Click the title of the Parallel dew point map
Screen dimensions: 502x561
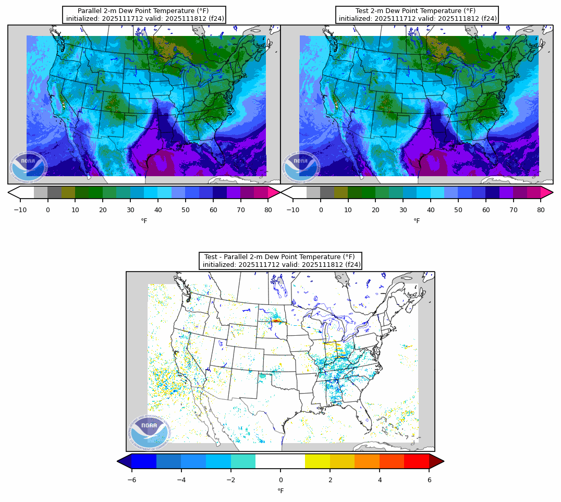144,15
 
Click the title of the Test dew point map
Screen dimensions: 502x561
417,15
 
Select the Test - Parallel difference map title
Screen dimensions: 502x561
280,261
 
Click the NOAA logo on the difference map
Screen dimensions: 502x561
149,433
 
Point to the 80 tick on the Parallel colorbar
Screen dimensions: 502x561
268,210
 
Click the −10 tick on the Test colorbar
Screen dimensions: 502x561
293,210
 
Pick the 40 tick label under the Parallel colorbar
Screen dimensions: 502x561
158,210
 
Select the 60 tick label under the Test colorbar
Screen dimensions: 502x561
486,210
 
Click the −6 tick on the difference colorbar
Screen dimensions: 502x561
132,480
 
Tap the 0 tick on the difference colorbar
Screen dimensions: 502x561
280,480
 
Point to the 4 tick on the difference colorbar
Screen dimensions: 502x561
380,480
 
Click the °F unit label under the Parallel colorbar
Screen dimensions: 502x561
144,221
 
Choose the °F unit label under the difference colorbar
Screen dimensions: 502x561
280,491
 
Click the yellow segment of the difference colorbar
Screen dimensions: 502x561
318,461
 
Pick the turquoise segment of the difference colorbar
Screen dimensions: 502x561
243,461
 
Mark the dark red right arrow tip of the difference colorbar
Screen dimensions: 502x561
437,461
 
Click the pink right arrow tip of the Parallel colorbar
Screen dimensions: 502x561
274,192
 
